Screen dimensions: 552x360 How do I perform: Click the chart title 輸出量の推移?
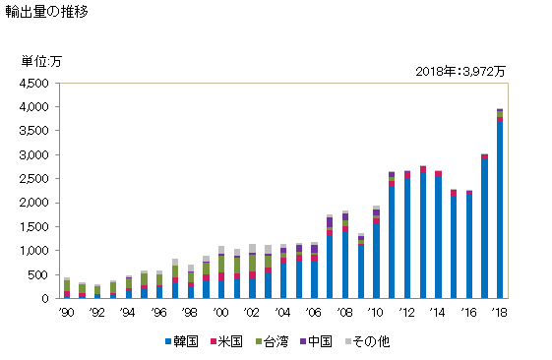[46, 12]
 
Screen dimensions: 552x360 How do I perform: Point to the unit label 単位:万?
[41, 62]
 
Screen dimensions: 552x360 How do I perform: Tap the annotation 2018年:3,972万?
[460, 72]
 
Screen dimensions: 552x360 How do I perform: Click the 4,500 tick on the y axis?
[34, 84]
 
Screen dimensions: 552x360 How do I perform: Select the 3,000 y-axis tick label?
[34, 155]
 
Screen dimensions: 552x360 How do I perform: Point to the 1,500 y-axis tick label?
[34, 227]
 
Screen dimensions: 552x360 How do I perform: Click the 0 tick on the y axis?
[44, 299]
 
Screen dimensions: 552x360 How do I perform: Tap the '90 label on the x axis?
[66, 313]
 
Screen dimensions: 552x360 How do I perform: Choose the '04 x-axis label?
[282, 313]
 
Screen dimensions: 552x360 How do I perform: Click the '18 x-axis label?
[499, 313]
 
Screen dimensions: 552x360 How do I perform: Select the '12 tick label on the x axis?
[406, 313]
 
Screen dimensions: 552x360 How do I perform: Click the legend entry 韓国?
[182, 341]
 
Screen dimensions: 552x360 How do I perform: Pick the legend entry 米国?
[226, 341]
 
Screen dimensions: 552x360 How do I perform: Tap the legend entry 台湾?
[272, 341]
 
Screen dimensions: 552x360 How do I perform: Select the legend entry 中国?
[316, 341]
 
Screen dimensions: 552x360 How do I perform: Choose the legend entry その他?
[367, 341]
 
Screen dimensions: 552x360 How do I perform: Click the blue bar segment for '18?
[500, 210]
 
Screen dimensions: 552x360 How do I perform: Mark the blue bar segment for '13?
[423, 235]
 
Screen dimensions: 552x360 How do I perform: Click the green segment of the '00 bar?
[221, 264]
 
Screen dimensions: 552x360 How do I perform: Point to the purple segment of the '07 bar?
[330, 222]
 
